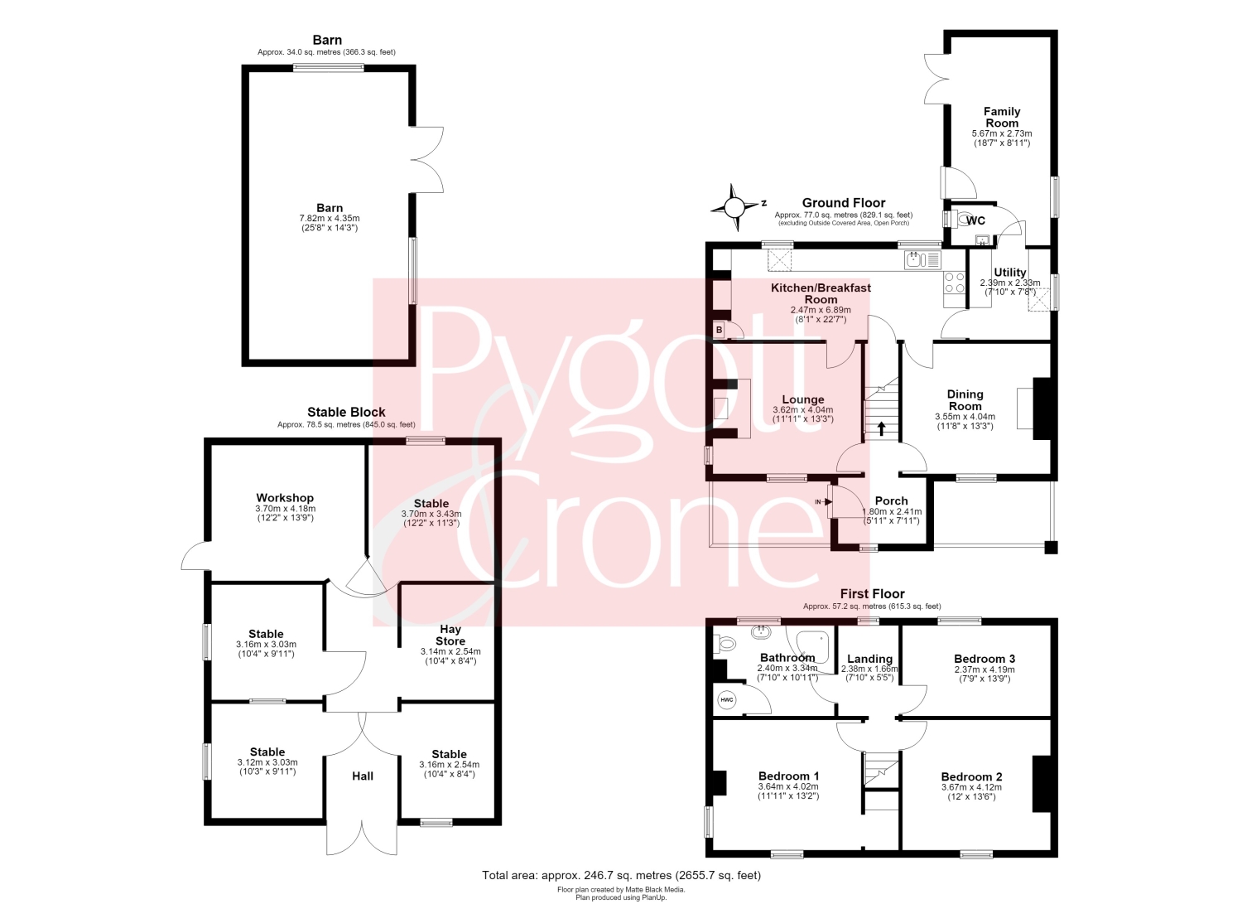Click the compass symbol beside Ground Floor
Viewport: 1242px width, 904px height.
click(734, 207)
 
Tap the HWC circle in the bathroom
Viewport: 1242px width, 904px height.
click(726, 700)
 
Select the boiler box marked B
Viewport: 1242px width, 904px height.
click(720, 330)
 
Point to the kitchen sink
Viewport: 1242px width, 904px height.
click(922, 259)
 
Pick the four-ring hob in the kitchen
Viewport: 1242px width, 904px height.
click(954, 282)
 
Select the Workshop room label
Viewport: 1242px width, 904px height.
click(285, 498)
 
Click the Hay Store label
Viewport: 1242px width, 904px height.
click(450, 636)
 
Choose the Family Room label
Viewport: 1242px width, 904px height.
click(1002, 117)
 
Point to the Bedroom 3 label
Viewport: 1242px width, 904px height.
click(984, 659)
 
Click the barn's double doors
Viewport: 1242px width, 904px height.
click(427, 160)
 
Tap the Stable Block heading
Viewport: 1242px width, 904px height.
click(346, 412)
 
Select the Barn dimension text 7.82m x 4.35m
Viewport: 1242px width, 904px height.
click(330, 219)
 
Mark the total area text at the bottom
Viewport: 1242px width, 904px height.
click(621, 875)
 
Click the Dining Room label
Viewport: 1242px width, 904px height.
click(965, 400)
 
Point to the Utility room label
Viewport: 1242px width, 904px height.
click(1009, 273)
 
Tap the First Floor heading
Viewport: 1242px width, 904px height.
click(872, 594)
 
